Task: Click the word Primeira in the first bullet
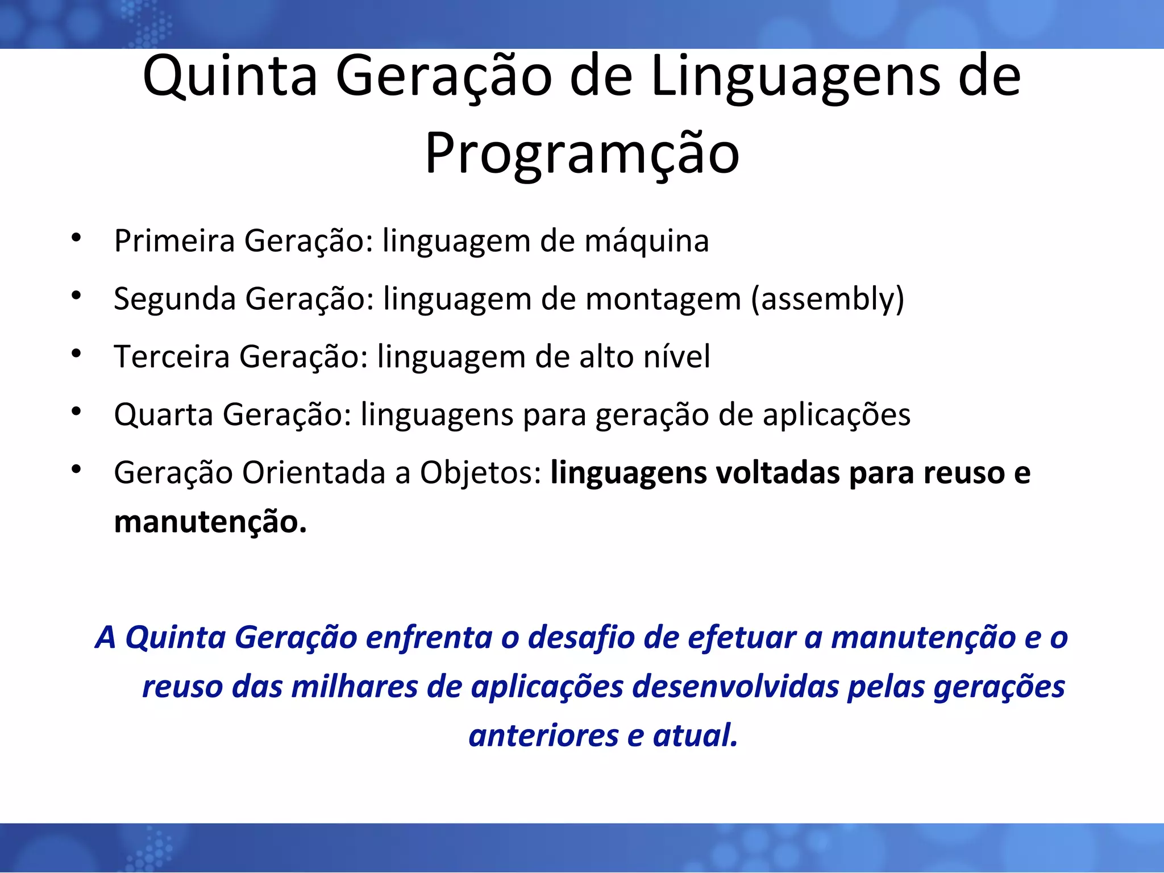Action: (174, 241)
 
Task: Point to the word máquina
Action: (647, 241)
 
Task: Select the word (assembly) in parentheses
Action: (828, 299)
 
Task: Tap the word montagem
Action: (663, 299)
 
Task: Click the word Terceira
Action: (172, 357)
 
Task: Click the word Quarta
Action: (164, 414)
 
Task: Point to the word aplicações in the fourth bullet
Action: (836, 414)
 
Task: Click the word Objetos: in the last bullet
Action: (481, 473)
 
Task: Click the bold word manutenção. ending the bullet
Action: (210, 522)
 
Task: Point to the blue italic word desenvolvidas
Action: (735, 687)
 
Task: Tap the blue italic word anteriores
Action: (543, 735)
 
